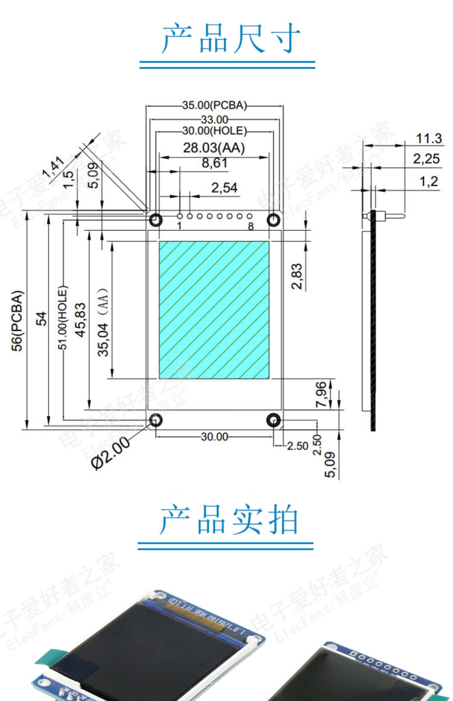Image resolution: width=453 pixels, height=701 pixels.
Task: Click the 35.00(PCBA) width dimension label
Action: (214, 105)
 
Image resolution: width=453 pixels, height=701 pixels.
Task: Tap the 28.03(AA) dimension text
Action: (214, 148)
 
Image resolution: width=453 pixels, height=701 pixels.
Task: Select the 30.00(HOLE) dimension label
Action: (214, 131)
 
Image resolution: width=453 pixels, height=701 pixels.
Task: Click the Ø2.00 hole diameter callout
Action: (111, 453)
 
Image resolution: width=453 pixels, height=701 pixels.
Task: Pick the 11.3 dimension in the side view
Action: (429, 139)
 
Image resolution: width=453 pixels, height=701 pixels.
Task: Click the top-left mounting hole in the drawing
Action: (156, 220)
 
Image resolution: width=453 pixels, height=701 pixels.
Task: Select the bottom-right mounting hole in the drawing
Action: (274, 420)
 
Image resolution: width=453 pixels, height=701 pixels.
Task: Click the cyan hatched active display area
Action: (214, 310)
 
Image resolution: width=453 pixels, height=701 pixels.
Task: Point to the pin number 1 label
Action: (179, 226)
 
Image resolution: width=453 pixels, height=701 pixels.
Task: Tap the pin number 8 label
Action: (251, 226)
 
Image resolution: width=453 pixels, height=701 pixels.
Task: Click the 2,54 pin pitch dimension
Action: (224, 188)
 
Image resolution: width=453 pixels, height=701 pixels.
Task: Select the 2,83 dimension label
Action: (297, 276)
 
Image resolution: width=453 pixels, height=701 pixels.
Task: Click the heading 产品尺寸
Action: (231, 39)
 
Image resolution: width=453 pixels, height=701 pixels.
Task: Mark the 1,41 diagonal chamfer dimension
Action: (53, 167)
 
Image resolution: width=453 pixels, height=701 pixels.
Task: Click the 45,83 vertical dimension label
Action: (80, 320)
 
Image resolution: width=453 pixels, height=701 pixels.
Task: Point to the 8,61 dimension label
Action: (214, 163)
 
